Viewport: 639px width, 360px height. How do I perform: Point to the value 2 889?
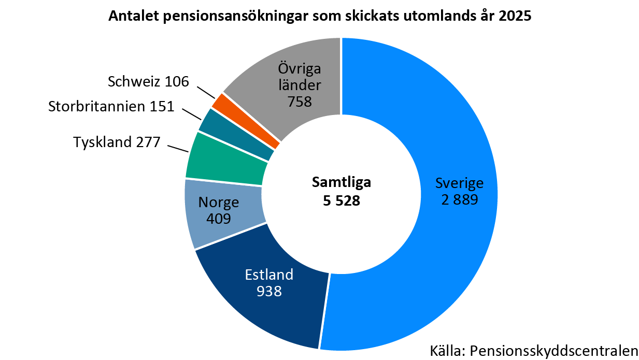tap(459, 200)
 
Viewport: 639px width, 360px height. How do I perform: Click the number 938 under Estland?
tap(269, 291)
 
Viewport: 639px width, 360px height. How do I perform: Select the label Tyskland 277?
tap(117, 142)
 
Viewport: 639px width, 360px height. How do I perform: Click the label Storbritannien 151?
tap(111, 107)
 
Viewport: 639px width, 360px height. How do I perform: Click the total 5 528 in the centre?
tap(341, 200)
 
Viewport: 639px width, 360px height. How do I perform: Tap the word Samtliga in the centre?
tap(341, 182)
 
